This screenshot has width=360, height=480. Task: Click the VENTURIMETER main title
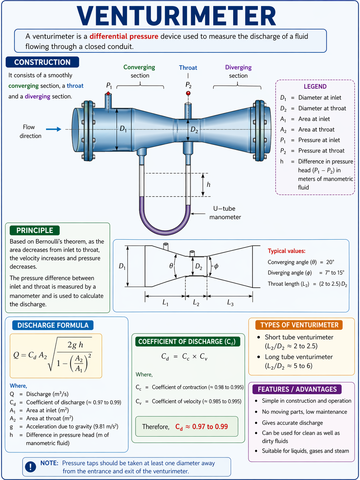pos(176,16)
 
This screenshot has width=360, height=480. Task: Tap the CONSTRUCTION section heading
pos(42,62)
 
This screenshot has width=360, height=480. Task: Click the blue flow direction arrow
pos(53,129)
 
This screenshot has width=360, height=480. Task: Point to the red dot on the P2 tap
pos(188,93)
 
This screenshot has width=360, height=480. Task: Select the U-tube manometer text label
pos(225,213)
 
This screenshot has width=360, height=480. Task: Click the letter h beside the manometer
pos(209,184)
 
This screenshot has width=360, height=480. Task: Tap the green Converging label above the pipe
pos(139,67)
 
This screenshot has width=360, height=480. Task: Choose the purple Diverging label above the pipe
pos(238,68)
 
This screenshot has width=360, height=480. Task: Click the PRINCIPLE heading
pos(34,230)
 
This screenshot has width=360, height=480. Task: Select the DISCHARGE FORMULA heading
pos(53,325)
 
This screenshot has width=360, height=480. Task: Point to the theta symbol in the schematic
pos(171,266)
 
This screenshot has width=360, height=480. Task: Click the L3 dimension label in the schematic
pos(230,303)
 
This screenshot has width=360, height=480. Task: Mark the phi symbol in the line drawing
pos(216,266)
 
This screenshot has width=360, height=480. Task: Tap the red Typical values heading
pos(286,251)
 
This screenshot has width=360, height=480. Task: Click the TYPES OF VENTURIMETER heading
pos(299,325)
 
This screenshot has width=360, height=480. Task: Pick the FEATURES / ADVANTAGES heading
pos(297,389)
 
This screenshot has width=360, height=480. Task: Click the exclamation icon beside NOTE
pos(30,467)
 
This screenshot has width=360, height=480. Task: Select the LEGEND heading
pos(315,87)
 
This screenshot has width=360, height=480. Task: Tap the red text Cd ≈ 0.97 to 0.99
pos(202,427)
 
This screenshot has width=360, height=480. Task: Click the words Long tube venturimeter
pos(299,357)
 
